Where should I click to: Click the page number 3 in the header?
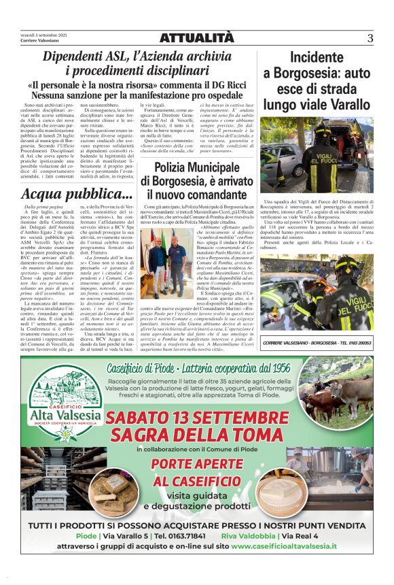coord(370,38)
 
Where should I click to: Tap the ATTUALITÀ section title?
coord(196,38)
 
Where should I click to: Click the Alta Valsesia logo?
coord(66,401)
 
